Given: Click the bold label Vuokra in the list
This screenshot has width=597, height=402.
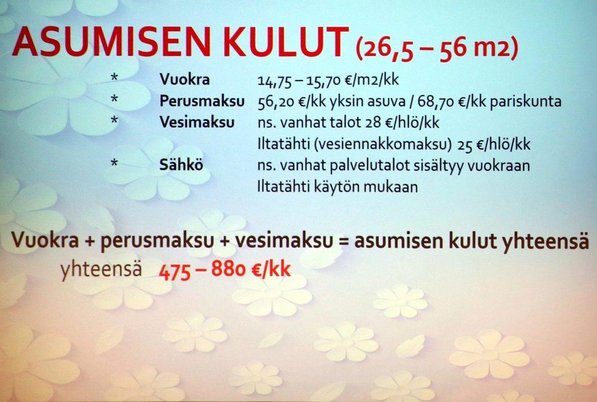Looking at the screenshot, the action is click(x=184, y=79).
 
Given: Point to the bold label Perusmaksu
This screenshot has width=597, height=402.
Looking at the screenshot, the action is click(x=202, y=101).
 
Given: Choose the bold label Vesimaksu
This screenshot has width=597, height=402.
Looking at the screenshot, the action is click(x=197, y=122).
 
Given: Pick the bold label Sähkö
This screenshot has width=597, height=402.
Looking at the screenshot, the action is click(x=181, y=165).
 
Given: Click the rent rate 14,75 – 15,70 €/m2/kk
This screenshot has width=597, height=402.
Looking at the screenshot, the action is click(x=328, y=81).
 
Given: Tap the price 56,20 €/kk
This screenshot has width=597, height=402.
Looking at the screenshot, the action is click(x=290, y=102).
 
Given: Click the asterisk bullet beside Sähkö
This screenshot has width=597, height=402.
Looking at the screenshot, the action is click(x=114, y=163).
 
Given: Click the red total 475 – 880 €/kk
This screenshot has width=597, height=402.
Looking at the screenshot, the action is click(x=224, y=270).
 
